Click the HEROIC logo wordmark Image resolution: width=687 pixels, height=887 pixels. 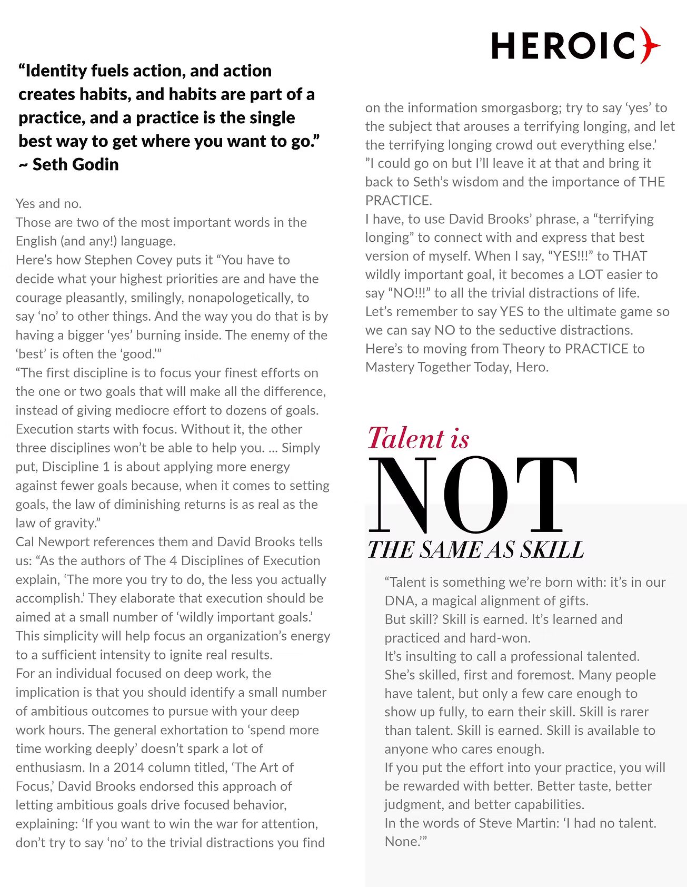[563, 45]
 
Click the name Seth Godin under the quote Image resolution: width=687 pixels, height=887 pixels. [75, 164]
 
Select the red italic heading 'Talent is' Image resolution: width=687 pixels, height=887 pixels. [419, 438]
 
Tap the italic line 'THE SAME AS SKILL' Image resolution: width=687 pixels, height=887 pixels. [475, 550]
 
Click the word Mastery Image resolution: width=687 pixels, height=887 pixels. [390, 367]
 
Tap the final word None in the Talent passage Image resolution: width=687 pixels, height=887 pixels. [402, 841]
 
